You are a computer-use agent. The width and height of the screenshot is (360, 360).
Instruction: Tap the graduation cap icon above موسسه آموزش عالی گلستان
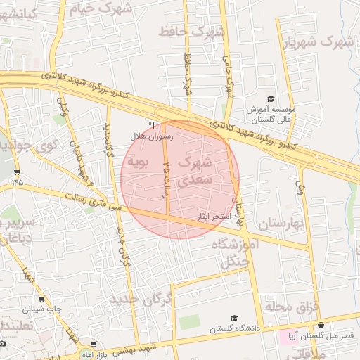point(271,99)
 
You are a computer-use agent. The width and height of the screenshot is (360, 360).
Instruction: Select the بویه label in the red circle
point(139,163)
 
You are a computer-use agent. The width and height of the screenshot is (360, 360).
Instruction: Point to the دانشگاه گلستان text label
point(234,328)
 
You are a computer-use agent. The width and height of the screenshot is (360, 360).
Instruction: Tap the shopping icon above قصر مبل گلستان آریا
point(321,326)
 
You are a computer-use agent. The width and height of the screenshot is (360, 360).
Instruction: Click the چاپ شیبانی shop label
point(42,308)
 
